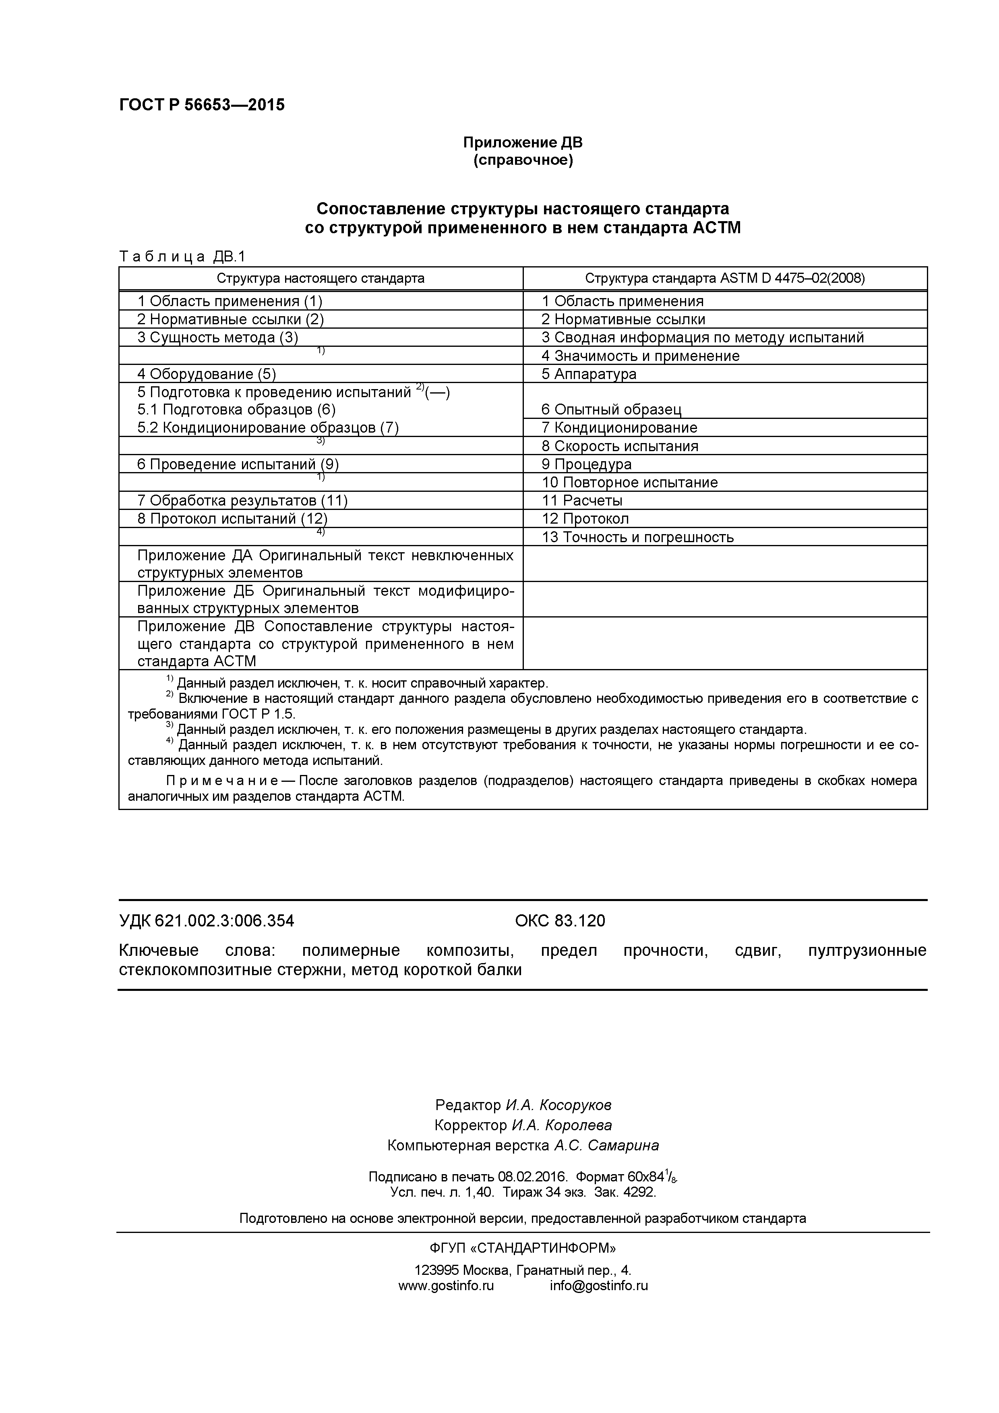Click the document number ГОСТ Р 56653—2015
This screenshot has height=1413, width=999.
click(x=202, y=105)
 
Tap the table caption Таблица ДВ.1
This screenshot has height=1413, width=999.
click(x=182, y=256)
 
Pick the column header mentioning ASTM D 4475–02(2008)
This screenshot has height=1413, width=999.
click(x=725, y=278)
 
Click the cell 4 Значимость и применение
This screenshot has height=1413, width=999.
click(x=640, y=356)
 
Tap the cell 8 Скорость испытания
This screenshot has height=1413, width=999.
click(x=619, y=446)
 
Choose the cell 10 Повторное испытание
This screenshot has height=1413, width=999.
click(x=629, y=483)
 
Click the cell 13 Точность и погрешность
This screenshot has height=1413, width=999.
click(x=637, y=537)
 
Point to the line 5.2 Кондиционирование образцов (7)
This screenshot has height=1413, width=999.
click(x=268, y=428)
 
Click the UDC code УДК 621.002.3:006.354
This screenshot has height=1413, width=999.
click(x=206, y=921)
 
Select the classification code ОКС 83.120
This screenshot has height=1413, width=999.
click(x=560, y=921)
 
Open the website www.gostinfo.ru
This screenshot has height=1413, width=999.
click(x=446, y=1286)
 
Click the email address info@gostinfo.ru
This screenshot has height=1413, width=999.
click(x=598, y=1286)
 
